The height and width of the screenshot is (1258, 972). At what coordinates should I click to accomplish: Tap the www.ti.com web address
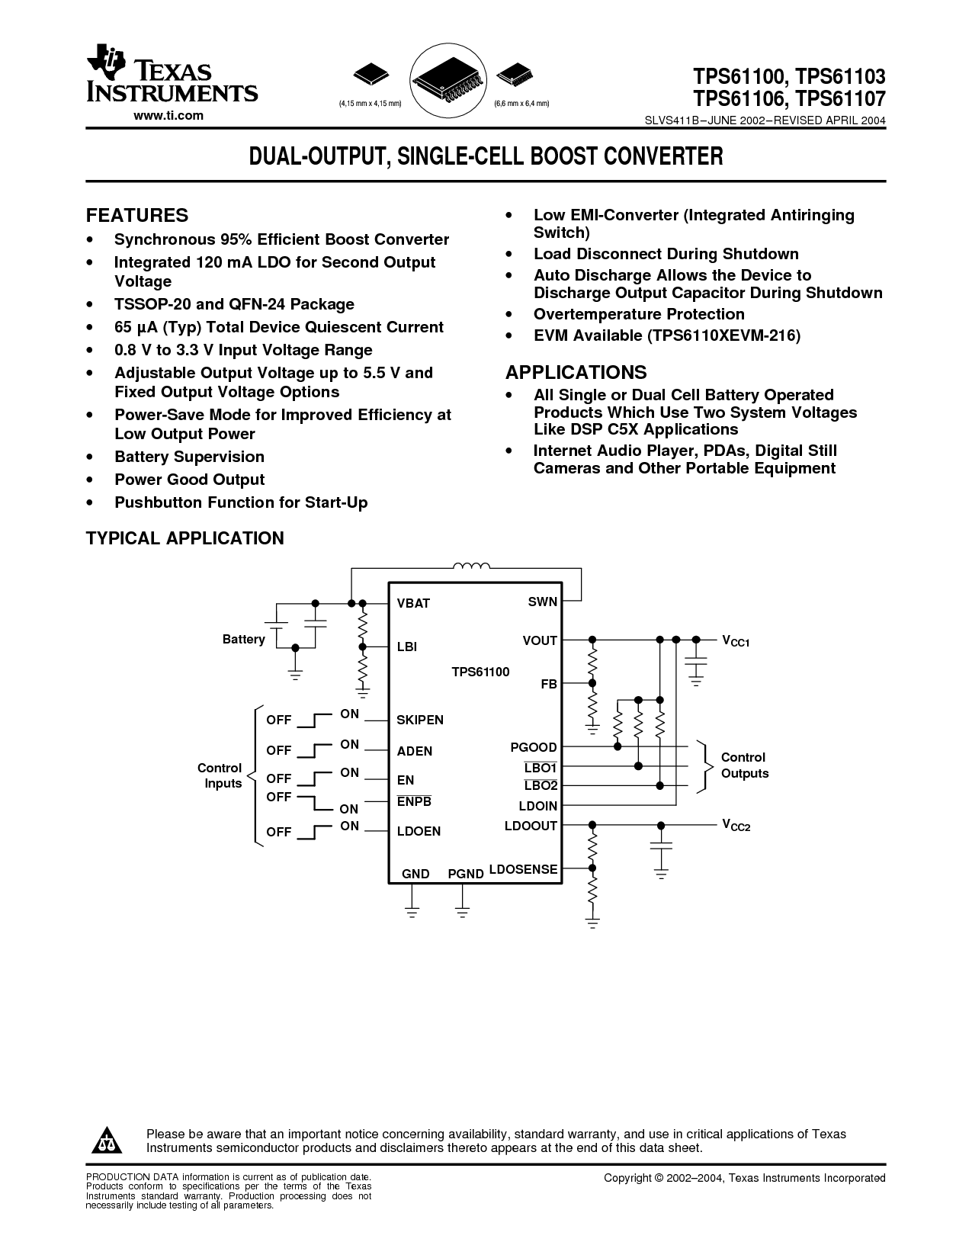(168, 116)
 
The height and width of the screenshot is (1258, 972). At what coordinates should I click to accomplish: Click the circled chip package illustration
(448, 81)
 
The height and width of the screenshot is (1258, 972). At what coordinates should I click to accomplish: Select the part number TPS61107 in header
(841, 99)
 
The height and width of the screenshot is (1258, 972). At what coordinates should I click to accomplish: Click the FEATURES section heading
(137, 215)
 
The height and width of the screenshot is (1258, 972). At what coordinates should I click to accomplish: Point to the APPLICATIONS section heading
(576, 372)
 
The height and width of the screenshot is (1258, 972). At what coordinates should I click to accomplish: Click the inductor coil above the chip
(471, 566)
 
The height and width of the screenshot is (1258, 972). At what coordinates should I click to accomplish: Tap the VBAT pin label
(413, 603)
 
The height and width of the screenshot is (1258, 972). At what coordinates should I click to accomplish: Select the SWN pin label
(543, 602)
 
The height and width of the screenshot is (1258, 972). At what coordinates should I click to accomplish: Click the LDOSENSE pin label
(523, 869)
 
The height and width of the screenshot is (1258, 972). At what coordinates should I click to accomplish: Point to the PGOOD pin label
(533, 747)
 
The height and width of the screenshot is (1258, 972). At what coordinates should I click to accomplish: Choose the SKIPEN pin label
(420, 720)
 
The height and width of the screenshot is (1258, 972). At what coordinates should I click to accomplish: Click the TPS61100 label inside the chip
(480, 672)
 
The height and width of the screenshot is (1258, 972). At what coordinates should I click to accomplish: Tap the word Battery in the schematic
(244, 639)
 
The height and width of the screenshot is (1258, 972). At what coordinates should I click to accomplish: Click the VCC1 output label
(736, 641)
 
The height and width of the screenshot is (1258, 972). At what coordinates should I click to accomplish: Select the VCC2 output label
(736, 826)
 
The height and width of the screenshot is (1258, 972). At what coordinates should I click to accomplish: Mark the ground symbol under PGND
(462, 913)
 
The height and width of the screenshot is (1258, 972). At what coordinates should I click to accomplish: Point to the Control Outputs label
(745, 765)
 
